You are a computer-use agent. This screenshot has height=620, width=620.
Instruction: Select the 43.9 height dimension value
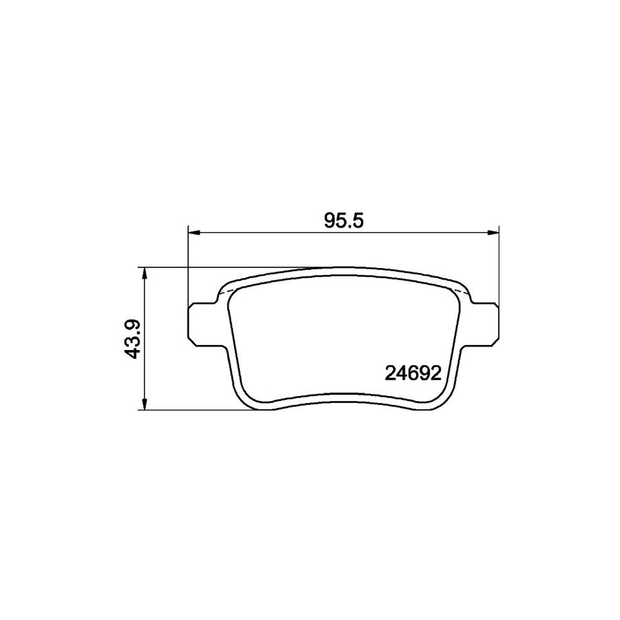click(x=134, y=338)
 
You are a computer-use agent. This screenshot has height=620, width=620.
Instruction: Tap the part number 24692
click(x=411, y=373)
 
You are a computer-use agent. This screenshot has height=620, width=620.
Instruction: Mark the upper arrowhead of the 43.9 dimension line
click(x=144, y=273)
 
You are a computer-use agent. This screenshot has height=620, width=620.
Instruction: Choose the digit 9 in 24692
click(x=423, y=373)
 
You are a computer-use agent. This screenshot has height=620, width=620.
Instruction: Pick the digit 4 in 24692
click(x=400, y=373)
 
